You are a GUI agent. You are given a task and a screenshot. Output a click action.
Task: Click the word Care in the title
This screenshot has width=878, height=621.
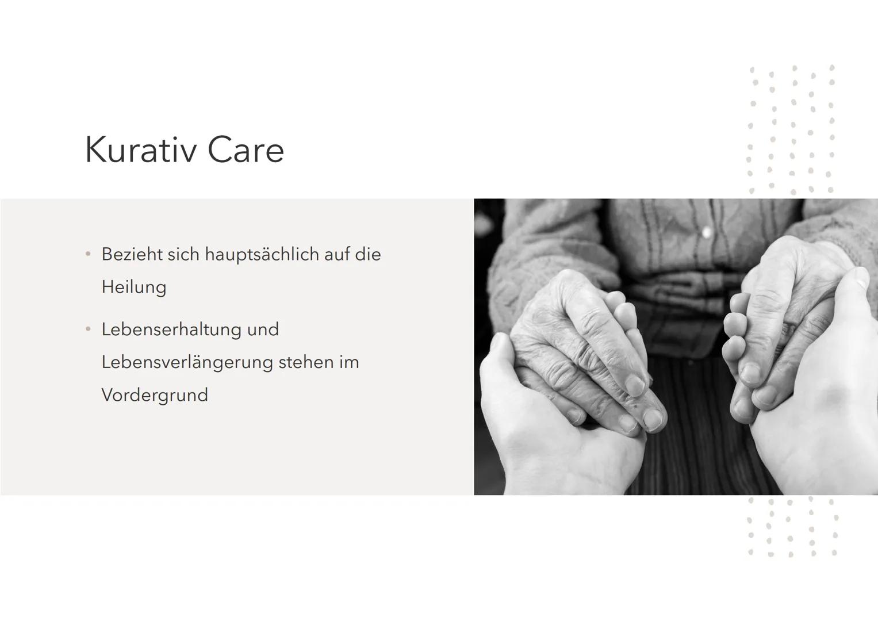coord(246,149)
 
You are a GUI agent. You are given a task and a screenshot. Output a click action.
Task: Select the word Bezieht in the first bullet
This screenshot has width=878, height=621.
coord(132,254)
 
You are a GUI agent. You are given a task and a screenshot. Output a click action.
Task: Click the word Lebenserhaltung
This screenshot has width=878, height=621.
coord(171,330)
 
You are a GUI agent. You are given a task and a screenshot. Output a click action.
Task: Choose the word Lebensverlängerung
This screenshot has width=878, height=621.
coord(187,363)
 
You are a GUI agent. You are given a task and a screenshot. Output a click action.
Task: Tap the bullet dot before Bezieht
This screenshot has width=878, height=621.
coord(88,254)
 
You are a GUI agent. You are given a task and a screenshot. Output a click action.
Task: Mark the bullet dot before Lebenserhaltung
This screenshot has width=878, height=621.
coord(88,329)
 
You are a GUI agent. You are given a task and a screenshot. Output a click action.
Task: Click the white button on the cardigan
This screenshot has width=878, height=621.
coord(707,232)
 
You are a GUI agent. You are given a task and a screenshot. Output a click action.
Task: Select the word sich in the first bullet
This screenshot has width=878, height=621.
coord(183,254)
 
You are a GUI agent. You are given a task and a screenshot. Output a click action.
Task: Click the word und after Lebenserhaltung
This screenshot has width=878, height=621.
coord(263,329)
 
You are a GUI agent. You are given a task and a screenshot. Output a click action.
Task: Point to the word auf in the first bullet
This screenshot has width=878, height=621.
coord(337,254)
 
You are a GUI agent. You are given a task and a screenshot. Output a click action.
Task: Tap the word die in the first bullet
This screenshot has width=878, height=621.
coord(367,254)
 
